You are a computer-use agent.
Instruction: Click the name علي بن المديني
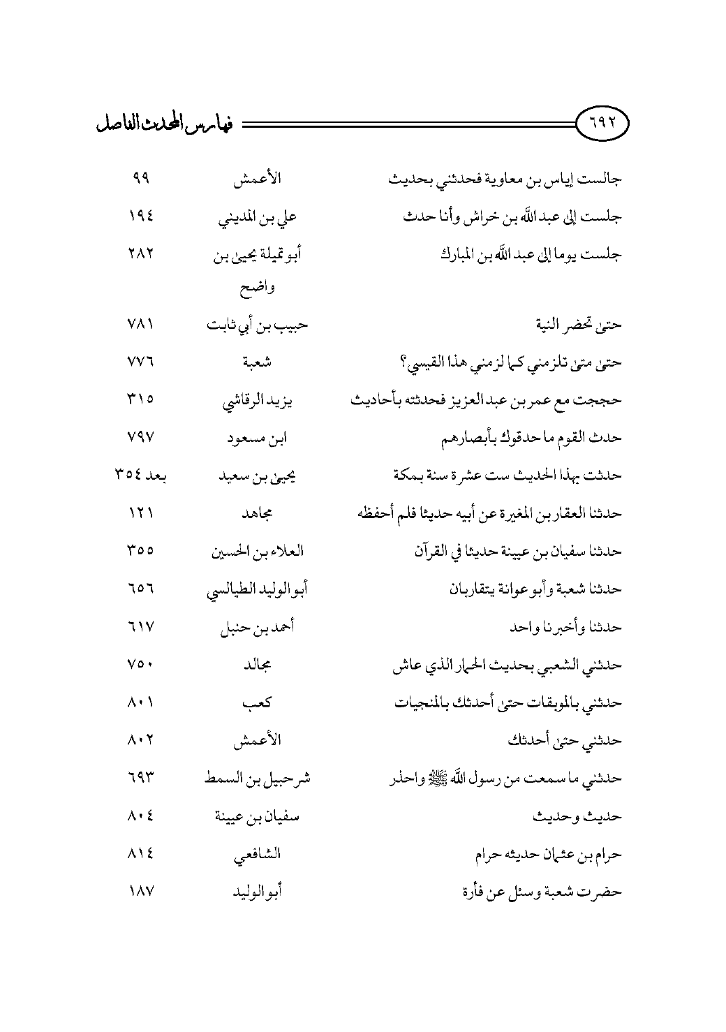[258, 217]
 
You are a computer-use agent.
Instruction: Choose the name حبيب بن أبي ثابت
[257, 325]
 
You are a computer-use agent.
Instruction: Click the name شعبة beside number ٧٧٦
[257, 362]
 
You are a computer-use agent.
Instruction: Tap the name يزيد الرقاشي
[257, 401]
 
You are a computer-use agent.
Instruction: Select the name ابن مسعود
[258, 438]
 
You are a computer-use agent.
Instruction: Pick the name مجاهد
[257, 514]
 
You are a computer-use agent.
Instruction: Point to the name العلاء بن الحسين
[257, 552]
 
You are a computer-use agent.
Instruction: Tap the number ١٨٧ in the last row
[140, 892]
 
